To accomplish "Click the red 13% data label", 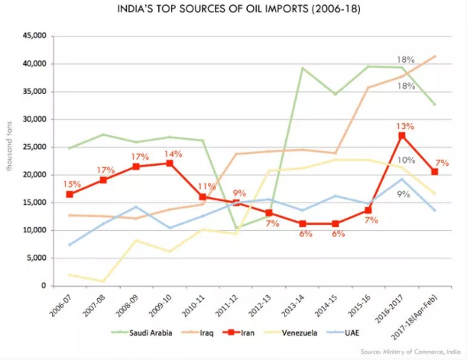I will pos(404,127).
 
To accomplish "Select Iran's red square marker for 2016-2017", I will pos(403,136).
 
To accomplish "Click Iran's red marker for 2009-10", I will pos(170,164).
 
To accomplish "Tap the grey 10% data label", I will pos(405,161).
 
